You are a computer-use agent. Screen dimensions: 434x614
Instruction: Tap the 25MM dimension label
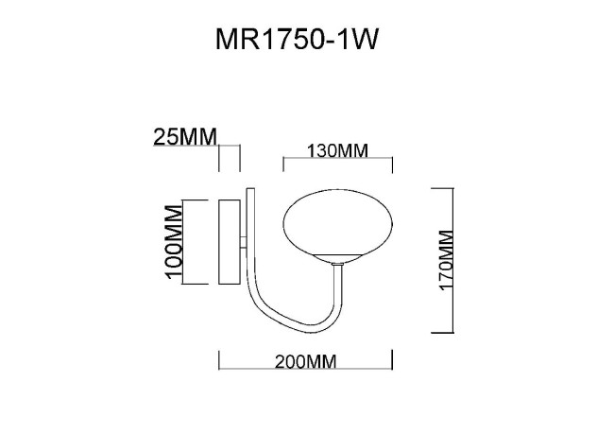tap(184, 138)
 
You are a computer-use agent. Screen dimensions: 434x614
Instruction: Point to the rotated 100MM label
tap(173, 242)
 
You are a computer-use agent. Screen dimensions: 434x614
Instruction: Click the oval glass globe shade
tap(337, 224)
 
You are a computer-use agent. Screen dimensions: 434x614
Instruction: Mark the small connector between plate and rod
tap(245, 241)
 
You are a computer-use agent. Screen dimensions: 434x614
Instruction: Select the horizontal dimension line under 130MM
tap(337, 162)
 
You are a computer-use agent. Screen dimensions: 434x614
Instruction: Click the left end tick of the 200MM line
tap(219, 358)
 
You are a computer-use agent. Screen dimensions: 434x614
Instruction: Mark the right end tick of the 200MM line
tap(392, 358)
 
